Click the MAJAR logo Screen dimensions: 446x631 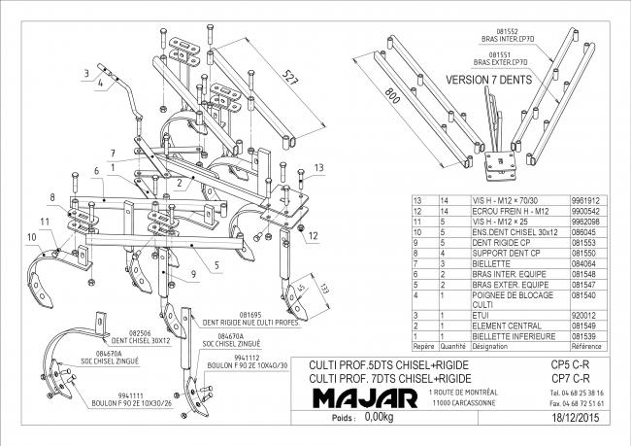tap(366, 398)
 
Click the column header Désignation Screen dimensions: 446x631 tap(490, 345)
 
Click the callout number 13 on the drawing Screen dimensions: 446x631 tap(317, 168)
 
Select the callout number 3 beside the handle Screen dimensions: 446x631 tap(86, 71)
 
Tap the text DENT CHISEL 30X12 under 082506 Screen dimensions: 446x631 tap(105, 341)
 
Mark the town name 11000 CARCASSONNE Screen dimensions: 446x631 tap(456, 402)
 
